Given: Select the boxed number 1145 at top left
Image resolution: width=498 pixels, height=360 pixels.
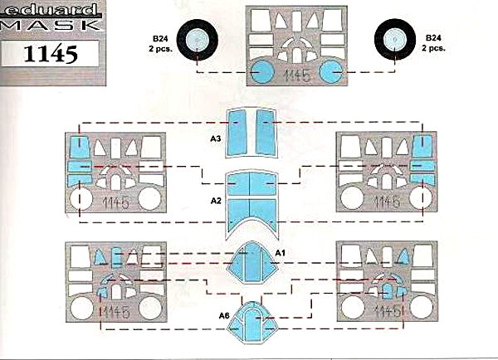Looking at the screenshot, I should (51, 56).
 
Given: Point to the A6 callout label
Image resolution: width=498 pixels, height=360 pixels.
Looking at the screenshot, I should (224, 314).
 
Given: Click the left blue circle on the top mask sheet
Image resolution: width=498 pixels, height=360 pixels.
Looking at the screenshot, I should (263, 73).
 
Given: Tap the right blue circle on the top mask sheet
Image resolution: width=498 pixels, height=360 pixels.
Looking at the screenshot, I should (331, 72).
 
